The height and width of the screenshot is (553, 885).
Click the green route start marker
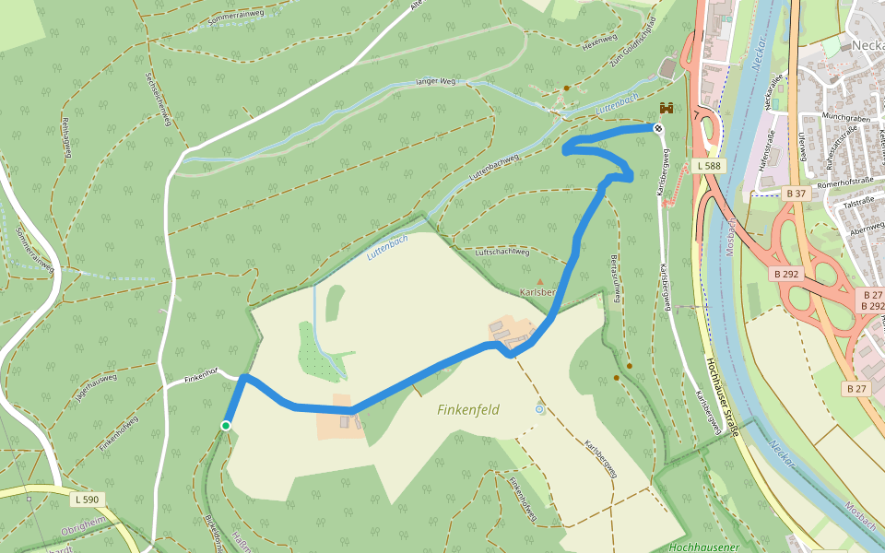(225, 425)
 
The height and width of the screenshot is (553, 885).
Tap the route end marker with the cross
(658, 128)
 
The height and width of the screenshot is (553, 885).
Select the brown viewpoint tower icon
(667, 108)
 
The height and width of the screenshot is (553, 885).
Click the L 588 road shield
(708, 166)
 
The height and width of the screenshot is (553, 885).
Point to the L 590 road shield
(86, 500)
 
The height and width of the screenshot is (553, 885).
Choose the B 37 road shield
(796, 194)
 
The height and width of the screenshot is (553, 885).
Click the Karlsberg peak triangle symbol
(540, 281)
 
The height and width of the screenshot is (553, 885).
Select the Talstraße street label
(859, 199)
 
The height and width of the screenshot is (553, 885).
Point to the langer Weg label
(435, 82)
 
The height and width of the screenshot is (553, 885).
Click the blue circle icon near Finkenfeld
(539, 408)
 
